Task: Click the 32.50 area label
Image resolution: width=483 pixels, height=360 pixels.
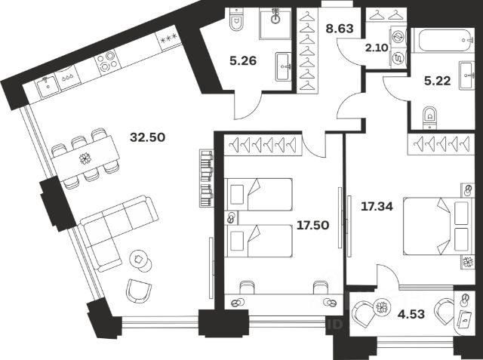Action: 148,137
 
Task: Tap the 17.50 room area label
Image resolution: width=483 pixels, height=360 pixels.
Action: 312,224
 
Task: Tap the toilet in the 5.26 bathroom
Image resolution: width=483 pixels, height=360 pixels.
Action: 235,22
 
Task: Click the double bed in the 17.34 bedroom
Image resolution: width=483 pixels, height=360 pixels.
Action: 435,227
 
